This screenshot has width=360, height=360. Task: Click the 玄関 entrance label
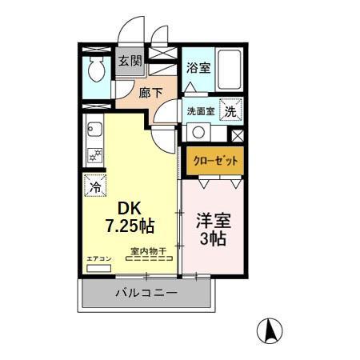(130, 62)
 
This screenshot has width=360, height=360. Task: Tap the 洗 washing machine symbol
(230, 112)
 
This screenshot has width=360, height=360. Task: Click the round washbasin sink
(197, 133)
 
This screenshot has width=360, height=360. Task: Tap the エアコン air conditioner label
(98, 258)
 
